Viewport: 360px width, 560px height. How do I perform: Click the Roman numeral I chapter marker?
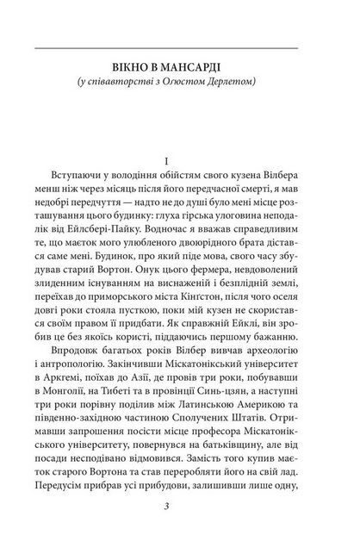179,160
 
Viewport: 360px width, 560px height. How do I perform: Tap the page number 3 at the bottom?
179,529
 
